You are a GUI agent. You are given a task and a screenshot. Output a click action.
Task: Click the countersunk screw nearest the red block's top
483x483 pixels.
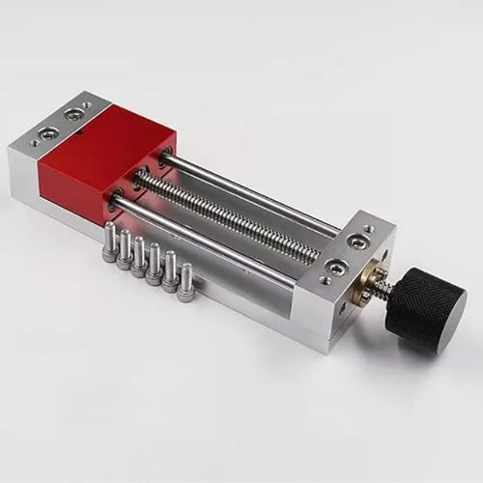point(71,114)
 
